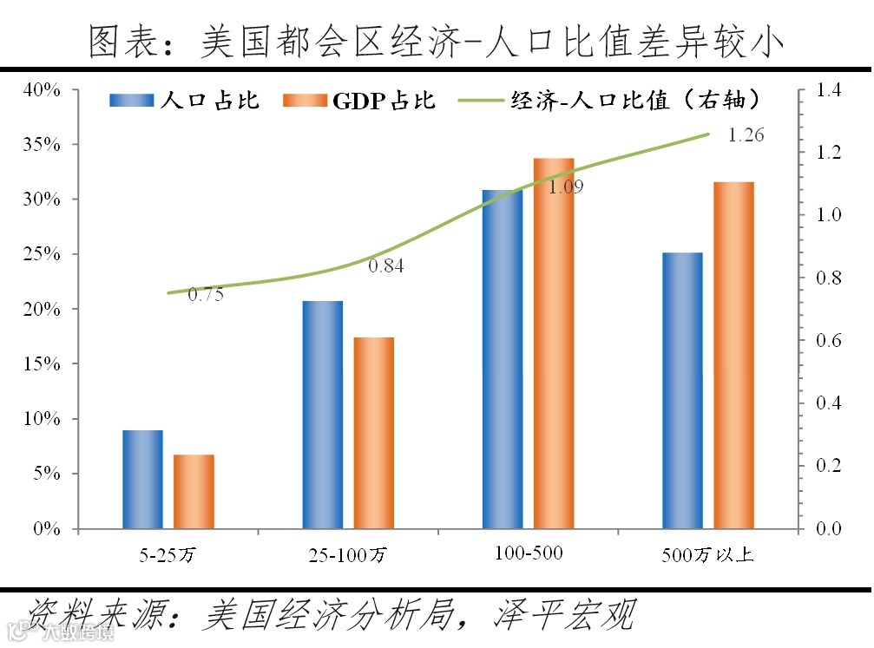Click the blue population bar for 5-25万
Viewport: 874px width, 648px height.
click(142, 479)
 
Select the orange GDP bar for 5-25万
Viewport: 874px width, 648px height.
click(194, 491)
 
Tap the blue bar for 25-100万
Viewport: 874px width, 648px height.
click(323, 415)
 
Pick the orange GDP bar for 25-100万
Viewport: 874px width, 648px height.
click(374, 432)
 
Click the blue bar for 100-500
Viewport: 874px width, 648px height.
click(503, 359)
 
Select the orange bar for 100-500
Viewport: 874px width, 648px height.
click(554, 344)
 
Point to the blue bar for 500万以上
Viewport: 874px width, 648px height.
click(682, 390)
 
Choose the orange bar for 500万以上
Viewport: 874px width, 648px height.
click(733, 355)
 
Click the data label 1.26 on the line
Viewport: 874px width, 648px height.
click(745, 136)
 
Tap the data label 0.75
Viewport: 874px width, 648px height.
click(206, 295)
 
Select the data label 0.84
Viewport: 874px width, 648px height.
click(386, 266)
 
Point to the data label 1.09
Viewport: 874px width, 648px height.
click(566, 186)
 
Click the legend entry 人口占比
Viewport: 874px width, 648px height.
click(186, 100)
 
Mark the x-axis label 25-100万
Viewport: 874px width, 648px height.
click(348, 553)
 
